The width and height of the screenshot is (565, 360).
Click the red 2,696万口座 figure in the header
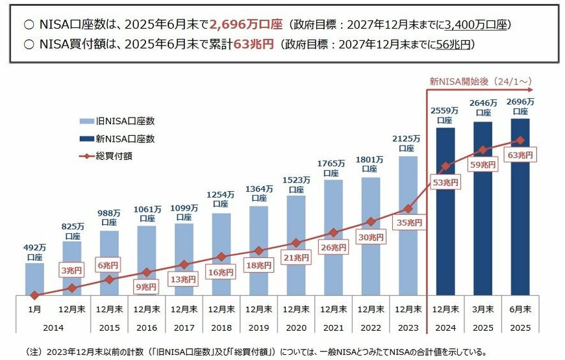click(x=246, y=25)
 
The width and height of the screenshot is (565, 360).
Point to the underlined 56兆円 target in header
click(x=453, y=44)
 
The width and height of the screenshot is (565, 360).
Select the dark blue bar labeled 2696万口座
click(x=520, y=214)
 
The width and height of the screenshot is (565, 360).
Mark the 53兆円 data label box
click(x=444, y=183)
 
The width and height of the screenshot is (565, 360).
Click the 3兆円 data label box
click(x=72, y=270)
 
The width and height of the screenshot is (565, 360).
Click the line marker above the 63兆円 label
click(x=520, y=140)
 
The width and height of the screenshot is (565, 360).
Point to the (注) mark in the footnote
click(x=34, y=352)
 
